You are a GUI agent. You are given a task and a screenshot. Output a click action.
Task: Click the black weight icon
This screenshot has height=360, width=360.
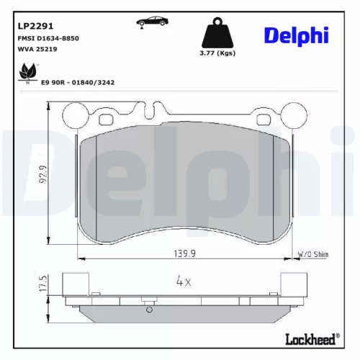tap(218, 33)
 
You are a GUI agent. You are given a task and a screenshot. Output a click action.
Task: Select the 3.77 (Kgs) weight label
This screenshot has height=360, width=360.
tap(218, 54)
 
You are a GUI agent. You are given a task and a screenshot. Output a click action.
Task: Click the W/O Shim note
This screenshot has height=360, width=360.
tap(312, 254)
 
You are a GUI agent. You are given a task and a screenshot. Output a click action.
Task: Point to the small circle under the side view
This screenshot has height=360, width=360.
tap(149, 310)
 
